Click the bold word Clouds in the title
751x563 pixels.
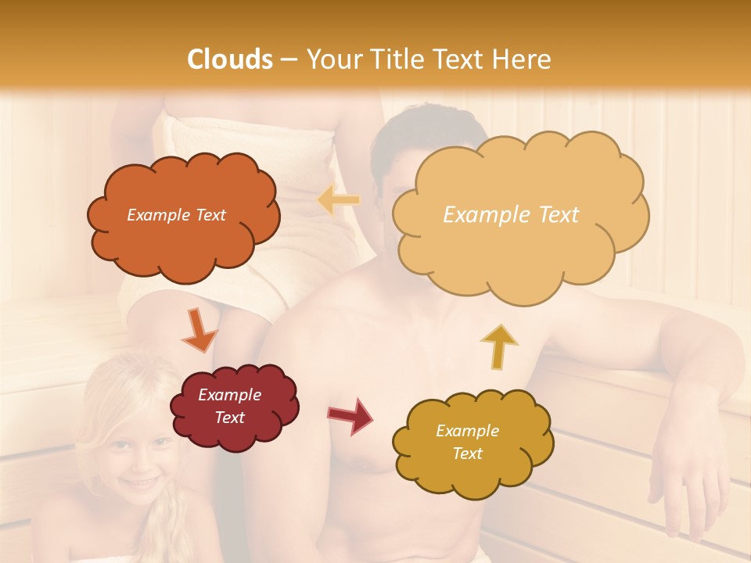pyautogui.click(x=230, y=59)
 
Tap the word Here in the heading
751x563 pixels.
pyautogui.click(x=523, y=59)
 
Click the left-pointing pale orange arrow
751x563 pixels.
pyautogui.click(x=339, y=201)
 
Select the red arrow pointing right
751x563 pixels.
pyautogui.click(x=350, y=415)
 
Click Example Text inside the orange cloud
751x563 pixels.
pyautogui.click(x=176, y=215)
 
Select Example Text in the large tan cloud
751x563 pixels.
pyautogui.click(x=511, y=215)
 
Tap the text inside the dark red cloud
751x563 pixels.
pyautogui.click(x=229, y=407)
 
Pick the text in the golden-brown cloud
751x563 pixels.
pyautogui.click(x=467, y=442)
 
